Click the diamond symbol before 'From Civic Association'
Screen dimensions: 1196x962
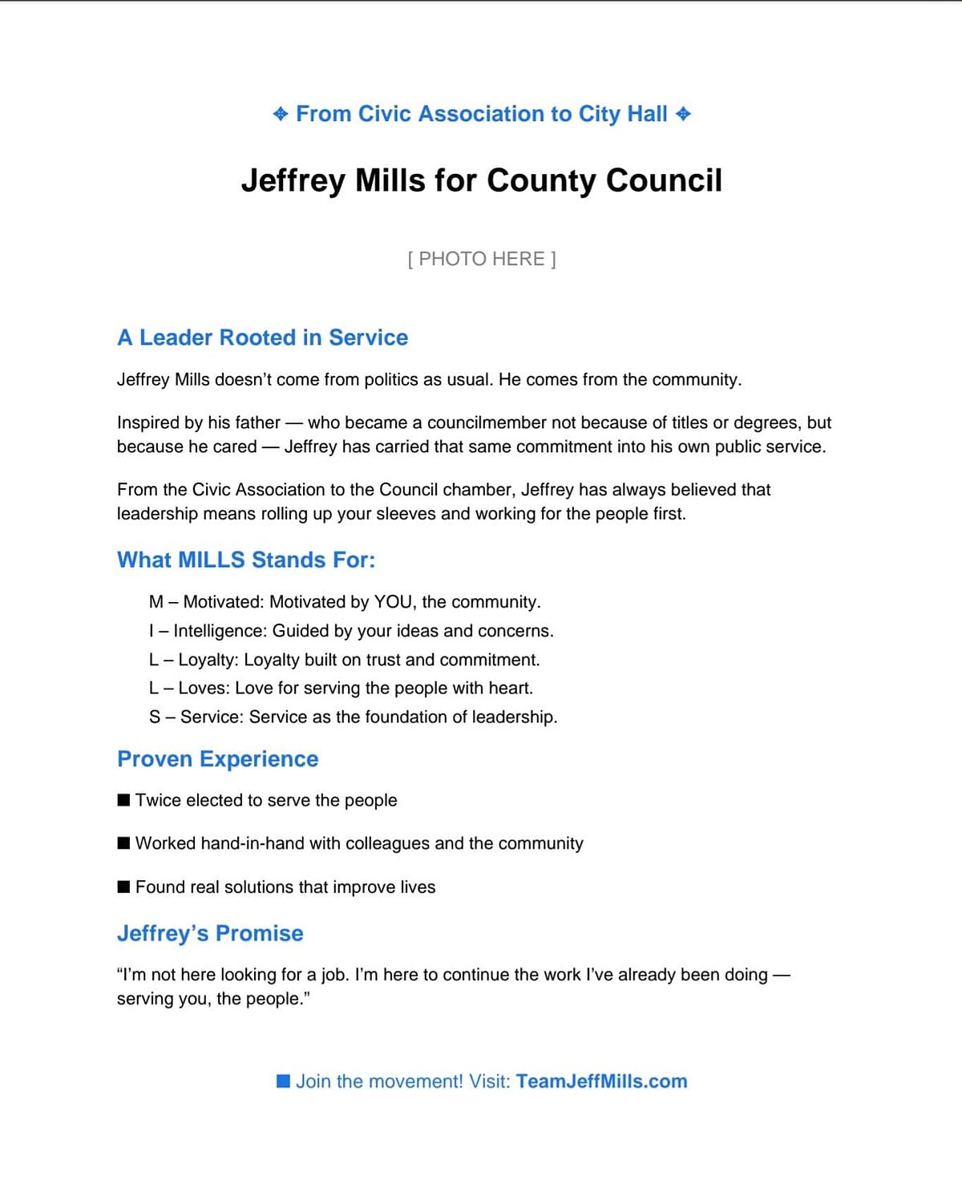tap(281, 114)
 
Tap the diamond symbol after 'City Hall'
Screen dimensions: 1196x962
tap(683, 114)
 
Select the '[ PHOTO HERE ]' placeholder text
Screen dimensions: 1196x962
tap(482, 259)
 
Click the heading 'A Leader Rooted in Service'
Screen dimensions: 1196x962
tap(262, 337)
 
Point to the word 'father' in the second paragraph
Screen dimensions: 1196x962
tap(257, 422)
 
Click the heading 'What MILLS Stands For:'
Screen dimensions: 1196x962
tap(246, 560)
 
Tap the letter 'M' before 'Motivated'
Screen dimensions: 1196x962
tap(156, 602)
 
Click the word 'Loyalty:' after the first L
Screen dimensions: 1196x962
tap(208, 660)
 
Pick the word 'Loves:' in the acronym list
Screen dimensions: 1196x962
tap(204, 688)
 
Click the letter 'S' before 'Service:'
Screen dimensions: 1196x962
tap(155, 717)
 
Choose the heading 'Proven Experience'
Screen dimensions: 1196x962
tap(218, 759)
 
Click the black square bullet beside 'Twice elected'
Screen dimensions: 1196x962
tap(123, 800)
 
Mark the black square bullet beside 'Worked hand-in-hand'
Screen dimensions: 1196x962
tap(123, 843)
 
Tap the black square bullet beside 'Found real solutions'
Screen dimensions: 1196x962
tap(123, 887)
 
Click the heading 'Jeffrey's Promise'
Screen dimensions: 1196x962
tap(210, 933)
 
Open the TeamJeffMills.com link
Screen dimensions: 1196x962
tap(601, 1081)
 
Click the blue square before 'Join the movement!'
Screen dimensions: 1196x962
tap(283, 1081)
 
